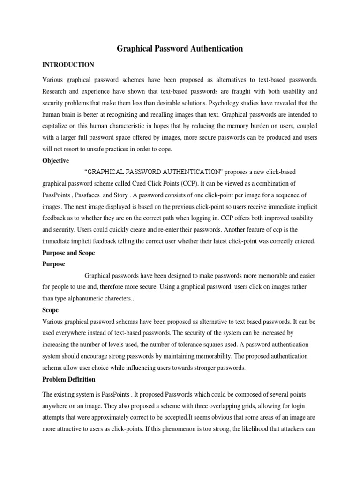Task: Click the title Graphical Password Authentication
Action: (x=180, y=48)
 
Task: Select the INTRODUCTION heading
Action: (x=68, y=65)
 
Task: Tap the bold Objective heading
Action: (x=56, y=161)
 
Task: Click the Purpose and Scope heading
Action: (x=68, y=253)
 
